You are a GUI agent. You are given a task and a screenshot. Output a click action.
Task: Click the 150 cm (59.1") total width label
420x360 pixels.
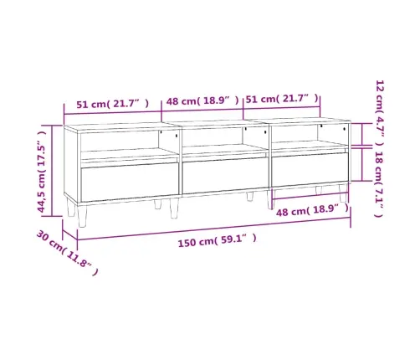[217, 240]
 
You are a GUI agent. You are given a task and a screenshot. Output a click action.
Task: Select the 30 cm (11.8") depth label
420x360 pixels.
[67, 253]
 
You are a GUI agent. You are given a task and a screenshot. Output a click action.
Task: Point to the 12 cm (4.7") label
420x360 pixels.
[380, 113]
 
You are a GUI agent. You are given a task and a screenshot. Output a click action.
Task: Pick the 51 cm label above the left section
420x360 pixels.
[113, 104]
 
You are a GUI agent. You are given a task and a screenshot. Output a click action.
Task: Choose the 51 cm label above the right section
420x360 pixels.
[282, 99]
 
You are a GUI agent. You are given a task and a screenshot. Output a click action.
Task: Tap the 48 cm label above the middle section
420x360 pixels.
[202, 100]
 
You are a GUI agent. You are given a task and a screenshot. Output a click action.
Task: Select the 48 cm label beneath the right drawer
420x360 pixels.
[312, 211]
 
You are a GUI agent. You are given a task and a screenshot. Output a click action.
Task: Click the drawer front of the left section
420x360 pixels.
[130, 182]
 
